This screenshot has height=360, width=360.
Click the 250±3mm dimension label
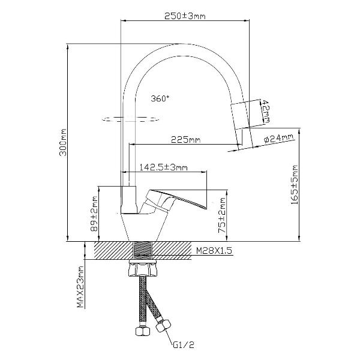(185, 16)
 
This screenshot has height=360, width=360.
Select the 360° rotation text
(160, 98)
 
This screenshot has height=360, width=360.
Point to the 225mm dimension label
(185, 140)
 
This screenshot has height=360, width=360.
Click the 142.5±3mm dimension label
(163, 167)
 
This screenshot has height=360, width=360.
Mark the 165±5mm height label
(294, 185)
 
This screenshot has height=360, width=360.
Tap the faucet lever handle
(179, 199)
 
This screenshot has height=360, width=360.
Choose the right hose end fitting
(162, 327)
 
